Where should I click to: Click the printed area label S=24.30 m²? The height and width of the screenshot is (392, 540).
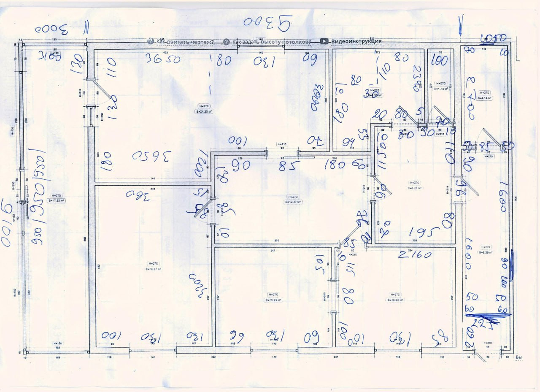pos(204,111)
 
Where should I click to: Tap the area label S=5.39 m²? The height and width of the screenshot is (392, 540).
pos(486,252)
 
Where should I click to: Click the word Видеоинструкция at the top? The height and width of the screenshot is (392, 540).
pos(356,41)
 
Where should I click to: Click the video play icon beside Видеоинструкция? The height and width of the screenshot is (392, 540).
pos(324,41)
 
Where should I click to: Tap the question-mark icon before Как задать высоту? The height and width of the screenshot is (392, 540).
pos(227,42)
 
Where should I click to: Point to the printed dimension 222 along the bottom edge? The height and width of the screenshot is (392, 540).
pos(213,357)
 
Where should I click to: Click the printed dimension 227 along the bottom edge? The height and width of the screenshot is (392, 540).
pos(336,357)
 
